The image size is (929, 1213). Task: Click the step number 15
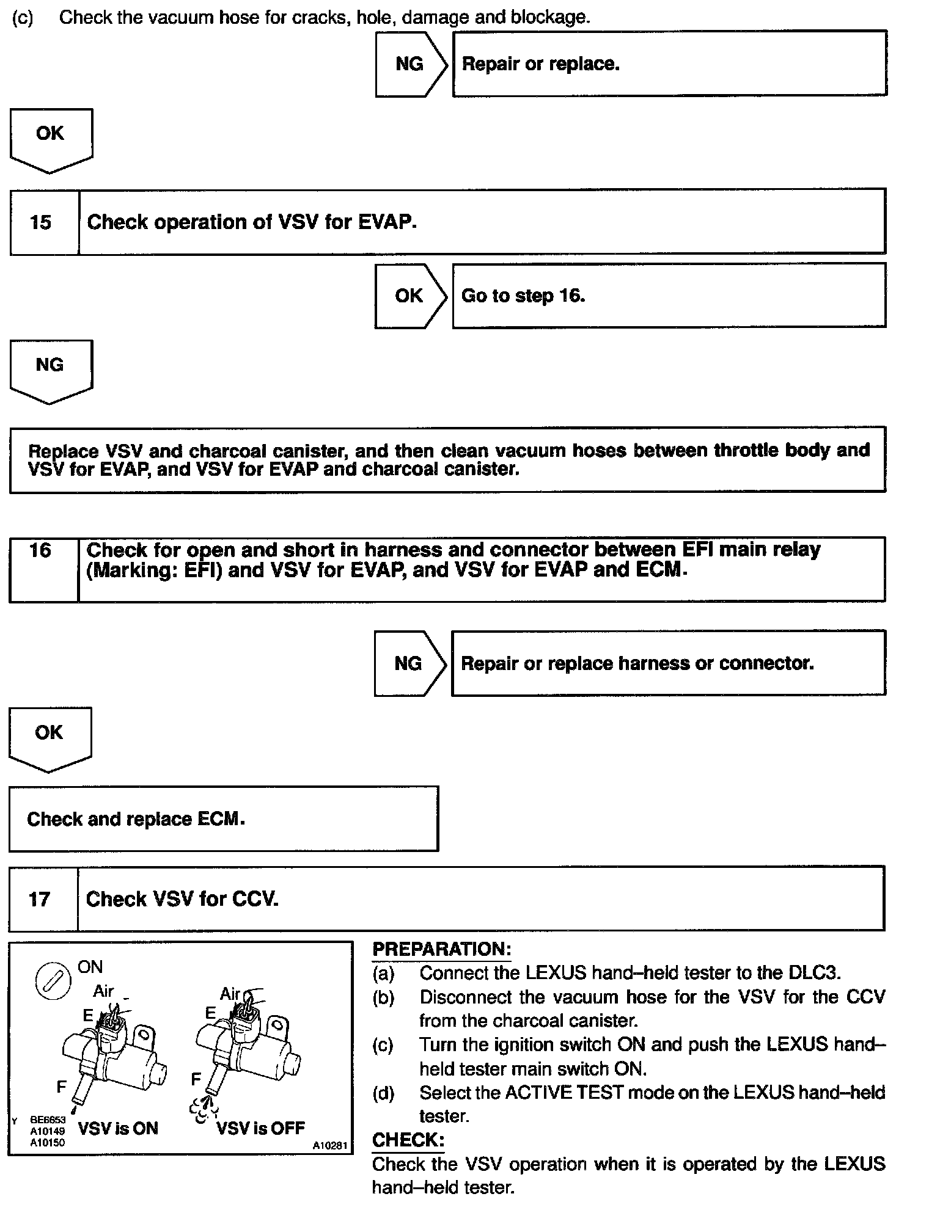click(x=40, y=222)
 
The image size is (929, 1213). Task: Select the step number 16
click(x=40, y=550)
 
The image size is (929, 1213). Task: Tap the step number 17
click(x=39, y=899)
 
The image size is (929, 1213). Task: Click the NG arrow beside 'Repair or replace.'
click(x=410, y=64)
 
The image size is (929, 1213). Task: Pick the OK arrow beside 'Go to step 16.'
click(x=409, y=296)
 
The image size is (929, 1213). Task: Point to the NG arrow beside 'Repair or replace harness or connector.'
click(x=409, y=664)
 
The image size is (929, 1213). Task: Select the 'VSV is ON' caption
click(x=118, y=1128)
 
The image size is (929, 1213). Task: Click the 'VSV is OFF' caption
click(x=261, y=1127)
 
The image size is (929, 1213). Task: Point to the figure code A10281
click(x=330, y=1146)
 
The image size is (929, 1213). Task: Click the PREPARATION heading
click(x=441, y=949)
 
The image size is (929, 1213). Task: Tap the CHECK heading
click(x=408, y=1140)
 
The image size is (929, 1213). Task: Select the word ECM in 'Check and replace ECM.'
click(x=220, y=819)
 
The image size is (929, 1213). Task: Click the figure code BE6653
click(x=48, y=1120)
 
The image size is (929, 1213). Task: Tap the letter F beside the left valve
click(x=61, y=1087)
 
